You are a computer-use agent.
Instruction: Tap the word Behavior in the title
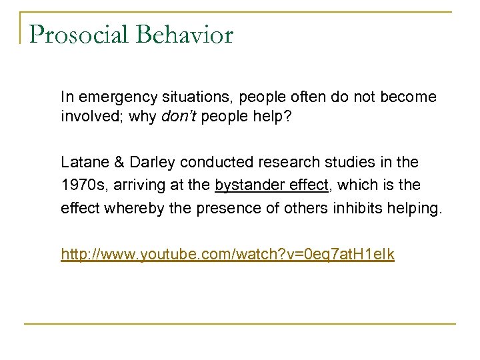[x=186, y=35]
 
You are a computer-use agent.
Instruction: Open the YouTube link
[x=227, y=254]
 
